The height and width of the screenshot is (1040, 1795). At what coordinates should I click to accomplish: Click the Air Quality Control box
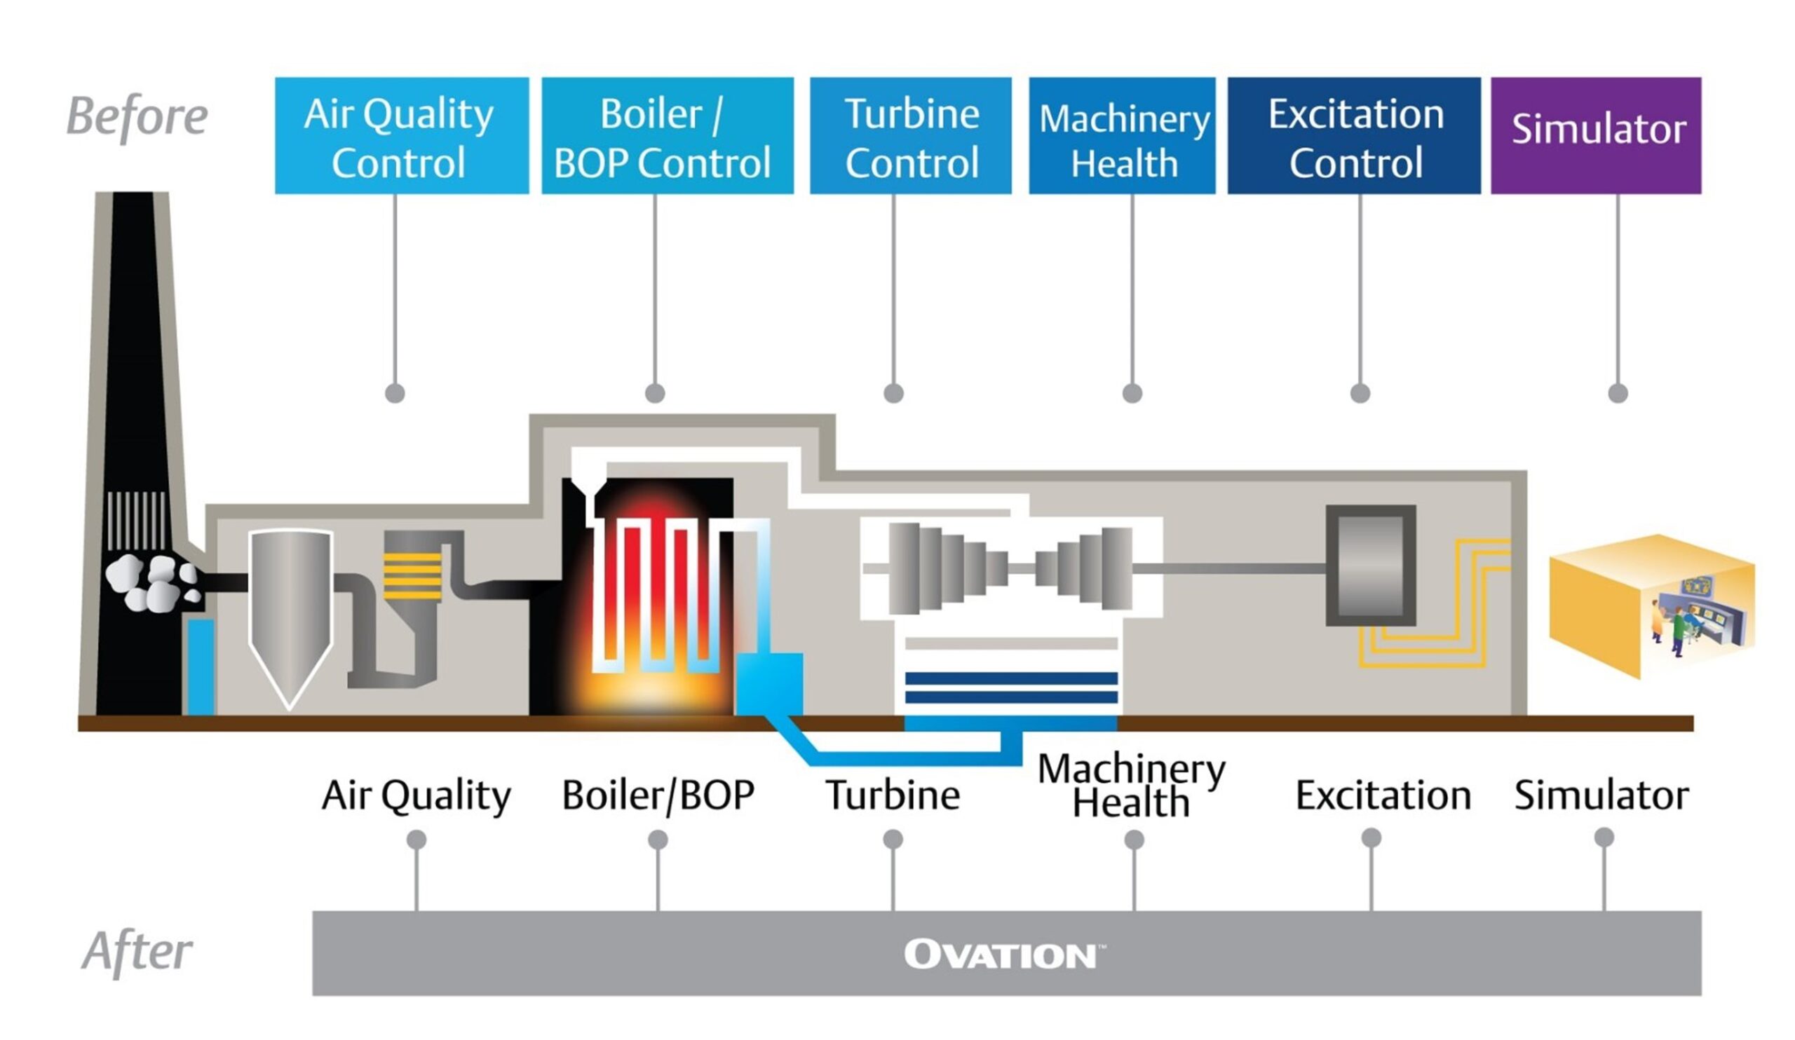(x=401, y=135)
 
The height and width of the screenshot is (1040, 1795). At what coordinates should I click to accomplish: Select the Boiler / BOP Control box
(x=667, y=135)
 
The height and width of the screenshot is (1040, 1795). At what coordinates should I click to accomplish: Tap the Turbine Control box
(x=909, y=135)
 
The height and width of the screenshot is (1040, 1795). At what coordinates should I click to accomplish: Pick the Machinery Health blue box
(x=1121, y=135)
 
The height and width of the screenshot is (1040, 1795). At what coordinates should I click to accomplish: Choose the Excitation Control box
(x=1353, y=135)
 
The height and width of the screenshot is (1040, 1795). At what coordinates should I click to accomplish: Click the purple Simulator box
(x=1596, y=135)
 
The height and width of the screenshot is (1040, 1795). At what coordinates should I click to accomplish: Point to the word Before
(x=137, y=116)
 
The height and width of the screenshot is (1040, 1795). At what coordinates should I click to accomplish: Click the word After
(x=137, y=950)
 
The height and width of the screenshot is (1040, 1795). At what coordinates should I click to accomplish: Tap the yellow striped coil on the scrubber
(x=412, y=575)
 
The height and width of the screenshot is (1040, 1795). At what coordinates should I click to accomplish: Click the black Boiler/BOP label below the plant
(x=658, y=795)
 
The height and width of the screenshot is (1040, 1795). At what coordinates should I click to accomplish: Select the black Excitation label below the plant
(x=1383, y=795)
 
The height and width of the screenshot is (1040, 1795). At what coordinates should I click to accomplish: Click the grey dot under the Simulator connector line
(x=1618, y=393)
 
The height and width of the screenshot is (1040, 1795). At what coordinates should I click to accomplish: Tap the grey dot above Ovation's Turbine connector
(x=893, y=840)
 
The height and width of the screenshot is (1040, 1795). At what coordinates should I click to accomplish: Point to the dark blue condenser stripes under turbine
(x=1011, y=687)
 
